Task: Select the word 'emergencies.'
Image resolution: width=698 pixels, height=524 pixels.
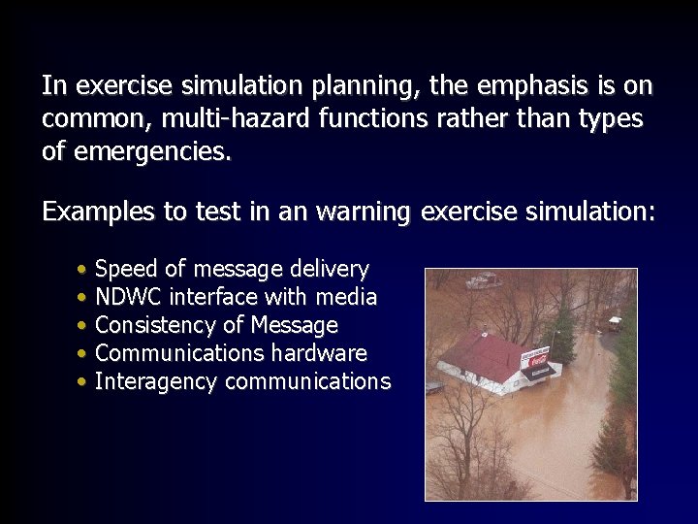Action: [150, 151]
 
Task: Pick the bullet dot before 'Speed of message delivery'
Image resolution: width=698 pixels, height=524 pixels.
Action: [84, 269]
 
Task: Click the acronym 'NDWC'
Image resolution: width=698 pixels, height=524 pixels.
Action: [129, 297]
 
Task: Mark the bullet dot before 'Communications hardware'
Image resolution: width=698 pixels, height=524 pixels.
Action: [84, 354]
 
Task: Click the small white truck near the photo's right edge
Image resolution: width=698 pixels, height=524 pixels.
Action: [615, 322]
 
